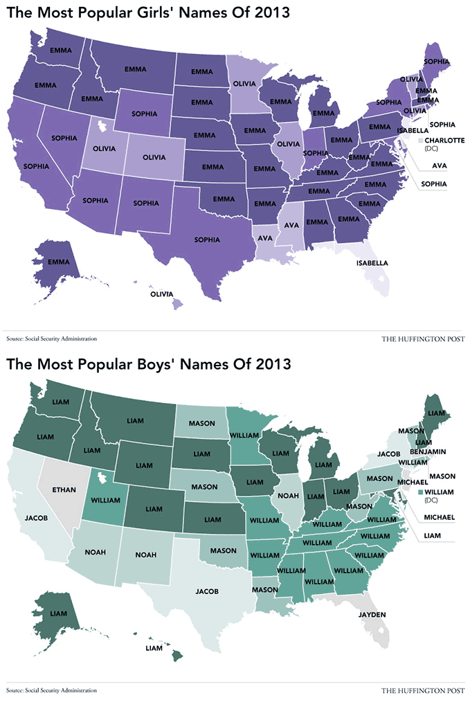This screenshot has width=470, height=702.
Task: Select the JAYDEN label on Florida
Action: point(372,614)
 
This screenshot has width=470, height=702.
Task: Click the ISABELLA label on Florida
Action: point(372,263)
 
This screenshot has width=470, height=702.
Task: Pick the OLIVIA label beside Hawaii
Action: point(161,294)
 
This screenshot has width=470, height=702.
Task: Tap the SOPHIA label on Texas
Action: point(208,240)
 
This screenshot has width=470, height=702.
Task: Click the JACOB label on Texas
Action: point(207,591)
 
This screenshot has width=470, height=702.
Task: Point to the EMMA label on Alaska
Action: point(59,262)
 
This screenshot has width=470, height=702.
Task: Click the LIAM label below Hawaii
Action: point(154,648)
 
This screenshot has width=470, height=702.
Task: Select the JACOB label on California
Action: point(35,517)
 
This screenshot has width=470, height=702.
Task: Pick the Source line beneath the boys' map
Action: point(51,690)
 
